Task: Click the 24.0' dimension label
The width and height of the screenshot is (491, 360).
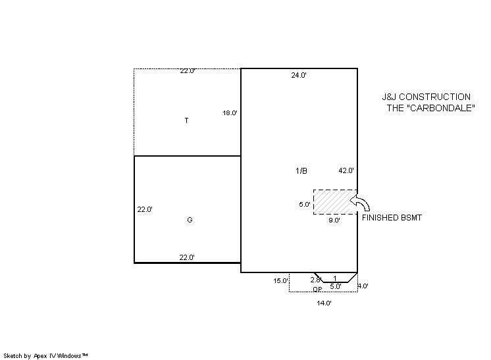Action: (x=299, y=75)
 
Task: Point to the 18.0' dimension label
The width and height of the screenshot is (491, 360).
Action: (x=230, y=113)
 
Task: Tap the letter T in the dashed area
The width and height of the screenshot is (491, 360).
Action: (x=187, y=120)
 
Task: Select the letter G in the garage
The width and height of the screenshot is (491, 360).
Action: (x=190, y=220)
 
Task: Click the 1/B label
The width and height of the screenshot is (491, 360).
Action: (x=301, y=170)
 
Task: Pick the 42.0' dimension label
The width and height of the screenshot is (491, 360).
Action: (x=346, y=170)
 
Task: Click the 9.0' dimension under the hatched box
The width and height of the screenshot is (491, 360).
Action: (x=334, y=220)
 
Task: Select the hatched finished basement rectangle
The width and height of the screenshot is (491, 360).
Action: (x=336, y=202)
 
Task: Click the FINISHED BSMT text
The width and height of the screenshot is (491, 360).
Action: (x=392, y=218)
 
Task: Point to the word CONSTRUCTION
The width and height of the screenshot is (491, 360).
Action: (x=434, y=97)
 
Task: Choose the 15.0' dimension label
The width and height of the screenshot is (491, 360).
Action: (x=280, y=281)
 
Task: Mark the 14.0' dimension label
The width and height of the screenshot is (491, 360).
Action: (x=324, y=303)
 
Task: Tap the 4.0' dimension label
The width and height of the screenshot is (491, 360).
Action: (x=363, y=286)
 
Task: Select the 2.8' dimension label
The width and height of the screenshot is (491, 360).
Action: (x=316, y=280)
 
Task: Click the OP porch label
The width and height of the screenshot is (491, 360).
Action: (x=317, y=290)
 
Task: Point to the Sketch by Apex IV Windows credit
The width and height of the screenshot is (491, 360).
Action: (x=45, y=356)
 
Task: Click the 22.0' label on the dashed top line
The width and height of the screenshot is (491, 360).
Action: (x=188, y=70)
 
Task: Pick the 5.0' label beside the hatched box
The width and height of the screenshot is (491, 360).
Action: (x=305, y=205)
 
